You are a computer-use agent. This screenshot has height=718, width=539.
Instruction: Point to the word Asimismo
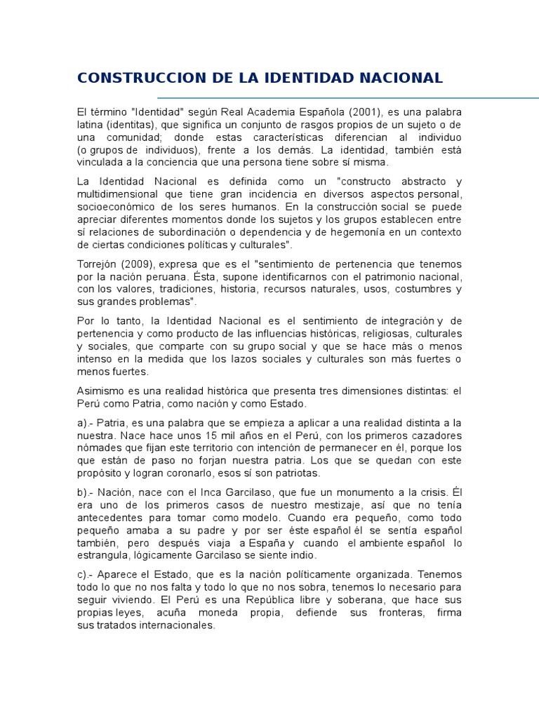[101, 391]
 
